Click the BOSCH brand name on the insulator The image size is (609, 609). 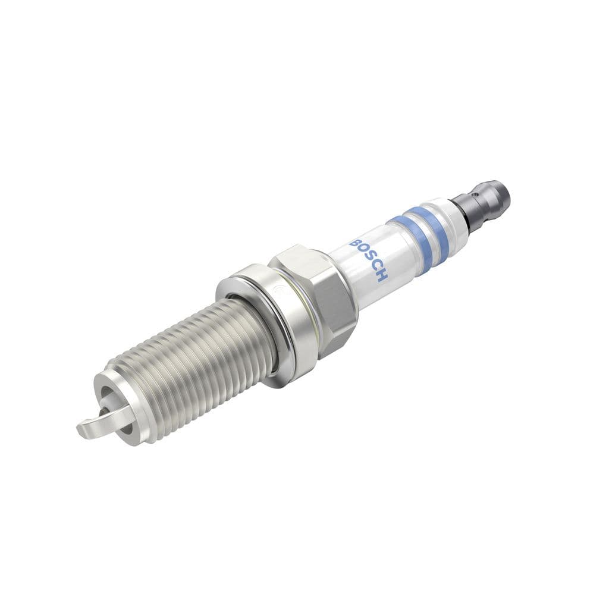tap(370, 260)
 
